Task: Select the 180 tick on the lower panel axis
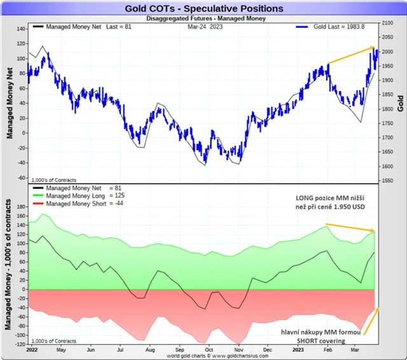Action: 19,207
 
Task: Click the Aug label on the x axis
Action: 151,350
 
